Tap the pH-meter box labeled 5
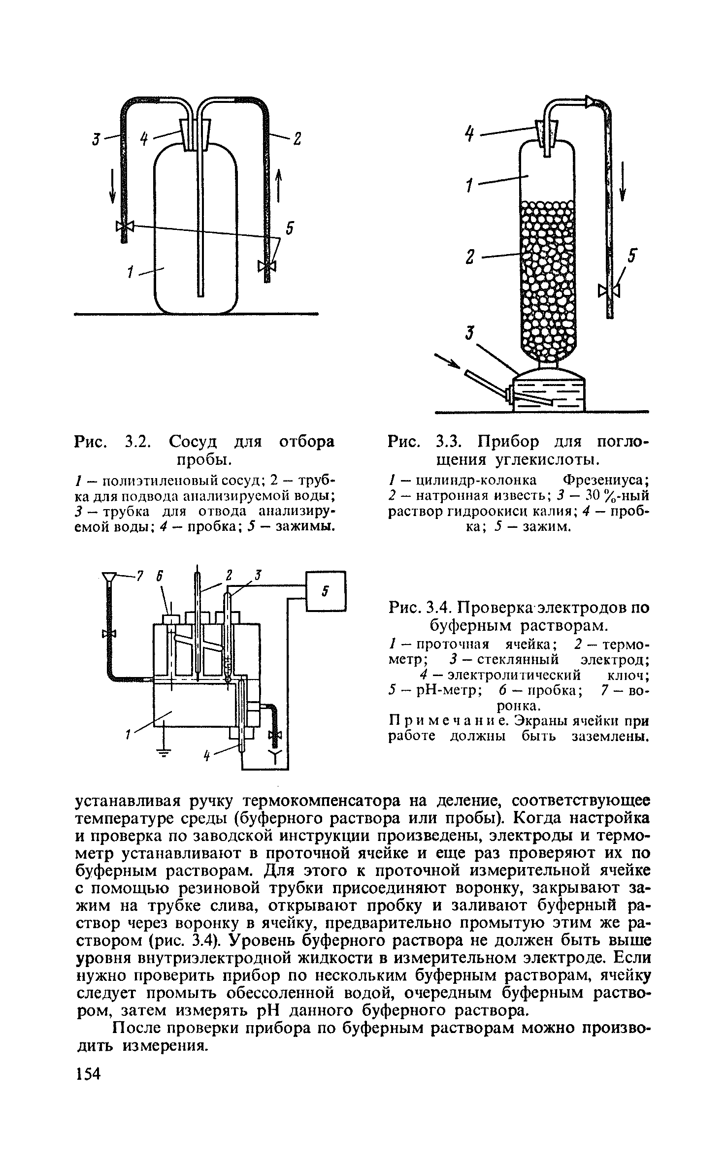(x=326, y=590)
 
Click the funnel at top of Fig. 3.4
(x=110, y=577)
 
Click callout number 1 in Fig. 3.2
(x=131, y=272)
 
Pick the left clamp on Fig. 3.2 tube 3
(x=125, y=226)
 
